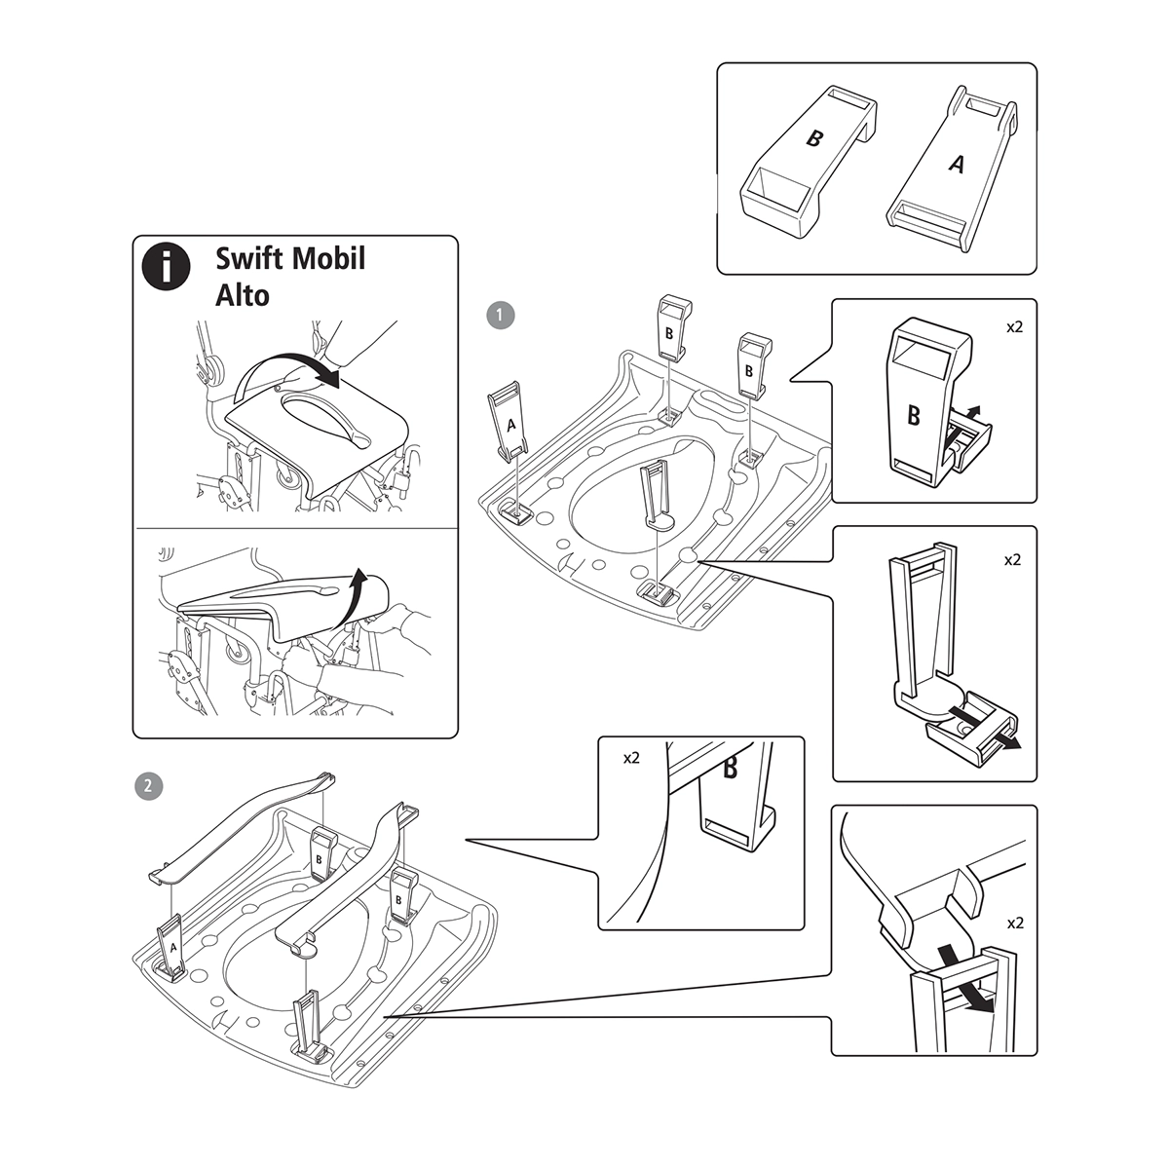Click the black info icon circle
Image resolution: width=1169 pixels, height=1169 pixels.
(167, 264)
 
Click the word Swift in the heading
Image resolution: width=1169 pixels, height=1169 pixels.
(248, 258)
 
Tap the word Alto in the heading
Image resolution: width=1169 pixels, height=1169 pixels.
(242, 294)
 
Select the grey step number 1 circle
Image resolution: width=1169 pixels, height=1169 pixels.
(501, 315)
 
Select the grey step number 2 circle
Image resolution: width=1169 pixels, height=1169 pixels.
(147, 785)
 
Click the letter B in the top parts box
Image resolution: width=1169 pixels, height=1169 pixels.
(813, 138)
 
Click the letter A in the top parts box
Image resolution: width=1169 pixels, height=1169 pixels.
(957, 167)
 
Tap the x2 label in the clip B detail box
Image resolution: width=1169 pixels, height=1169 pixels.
(1014, 327)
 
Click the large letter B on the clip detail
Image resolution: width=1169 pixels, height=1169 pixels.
(914, 416)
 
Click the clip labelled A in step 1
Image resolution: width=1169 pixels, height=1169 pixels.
(509, 425)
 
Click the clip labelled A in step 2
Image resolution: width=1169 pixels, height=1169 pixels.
(173, 948)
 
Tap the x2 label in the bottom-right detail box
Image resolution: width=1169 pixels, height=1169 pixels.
(1014, 922)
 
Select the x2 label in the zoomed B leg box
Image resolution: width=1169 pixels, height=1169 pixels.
(630, 757)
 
